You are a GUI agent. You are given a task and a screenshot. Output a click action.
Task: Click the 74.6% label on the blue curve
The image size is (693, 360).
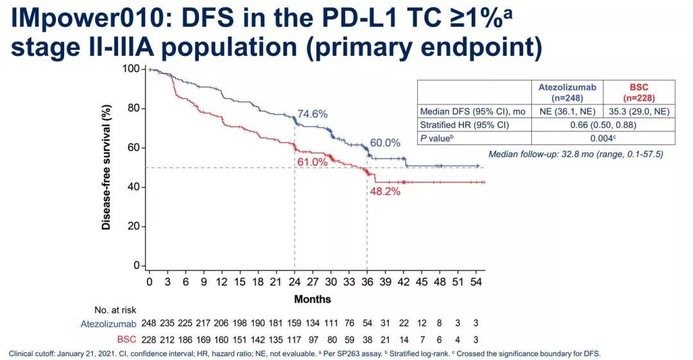(312, 114)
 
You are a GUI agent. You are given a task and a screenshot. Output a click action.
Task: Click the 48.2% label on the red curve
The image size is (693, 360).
(384, 191)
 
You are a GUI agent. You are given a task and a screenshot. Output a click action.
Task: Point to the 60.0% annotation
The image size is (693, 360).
(385, 142)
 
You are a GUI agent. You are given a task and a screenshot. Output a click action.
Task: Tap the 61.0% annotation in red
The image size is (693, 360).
(312, 162)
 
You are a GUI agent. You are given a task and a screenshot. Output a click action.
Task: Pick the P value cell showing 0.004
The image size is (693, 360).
(603, 137)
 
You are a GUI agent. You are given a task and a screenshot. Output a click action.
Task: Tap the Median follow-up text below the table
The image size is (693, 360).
(576, 154)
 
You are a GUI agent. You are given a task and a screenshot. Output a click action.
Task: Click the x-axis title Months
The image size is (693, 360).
(312, 299)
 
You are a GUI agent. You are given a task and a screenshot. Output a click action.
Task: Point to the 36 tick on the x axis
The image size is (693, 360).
(367, 281)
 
